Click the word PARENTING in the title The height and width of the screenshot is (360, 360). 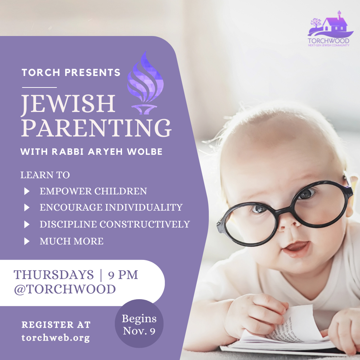[x=96, y=128]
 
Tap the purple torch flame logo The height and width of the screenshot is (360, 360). [x=145, y=83]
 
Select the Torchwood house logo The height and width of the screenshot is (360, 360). [x=329, y=28]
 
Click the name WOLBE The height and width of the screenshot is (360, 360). [x=145, y=152]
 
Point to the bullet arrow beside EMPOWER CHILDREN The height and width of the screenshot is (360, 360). [x=27, y=191]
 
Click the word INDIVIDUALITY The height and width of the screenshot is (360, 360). [x=144, y=207]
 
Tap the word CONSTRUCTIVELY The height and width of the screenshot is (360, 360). [x=145, y=224]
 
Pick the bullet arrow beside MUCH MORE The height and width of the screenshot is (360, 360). [x=27, y=241]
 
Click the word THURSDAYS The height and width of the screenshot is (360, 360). [x=54, y=275]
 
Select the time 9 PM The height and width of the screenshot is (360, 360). [x=123, y=275]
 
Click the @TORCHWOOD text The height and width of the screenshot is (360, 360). [x=65, y=289]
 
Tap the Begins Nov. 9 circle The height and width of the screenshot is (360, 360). [x=139, y=324]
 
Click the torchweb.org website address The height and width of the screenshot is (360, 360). [x=55, y=338]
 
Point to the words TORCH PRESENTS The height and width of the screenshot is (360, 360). [x=71, y=73]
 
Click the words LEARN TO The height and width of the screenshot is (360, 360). [x=45, y=175]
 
